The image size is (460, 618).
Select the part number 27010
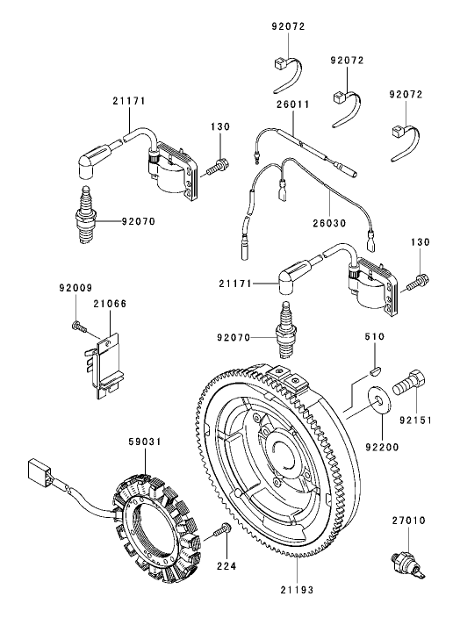pos(409,521)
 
